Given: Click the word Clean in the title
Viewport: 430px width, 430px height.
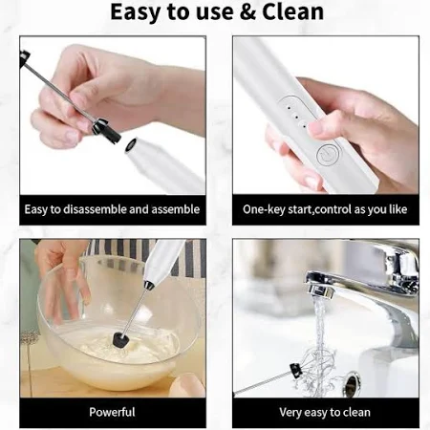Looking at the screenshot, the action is [292, 11].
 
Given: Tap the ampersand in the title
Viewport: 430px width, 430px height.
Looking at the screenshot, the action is [247, 12].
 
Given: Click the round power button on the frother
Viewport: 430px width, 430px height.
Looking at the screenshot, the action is [329, 156].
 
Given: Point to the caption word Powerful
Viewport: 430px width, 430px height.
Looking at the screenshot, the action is [112, 412].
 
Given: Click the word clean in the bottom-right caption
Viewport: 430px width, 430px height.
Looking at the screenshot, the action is [355, 412].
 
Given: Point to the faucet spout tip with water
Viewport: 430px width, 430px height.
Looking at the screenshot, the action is [319, 290].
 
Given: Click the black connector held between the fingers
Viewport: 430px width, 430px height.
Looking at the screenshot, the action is [106, 131].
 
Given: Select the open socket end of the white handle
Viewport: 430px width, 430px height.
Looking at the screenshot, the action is [131, 145].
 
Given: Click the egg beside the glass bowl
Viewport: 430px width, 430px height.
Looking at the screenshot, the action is [187, 386].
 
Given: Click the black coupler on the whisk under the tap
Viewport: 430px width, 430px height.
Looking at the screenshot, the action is [296, 370].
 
